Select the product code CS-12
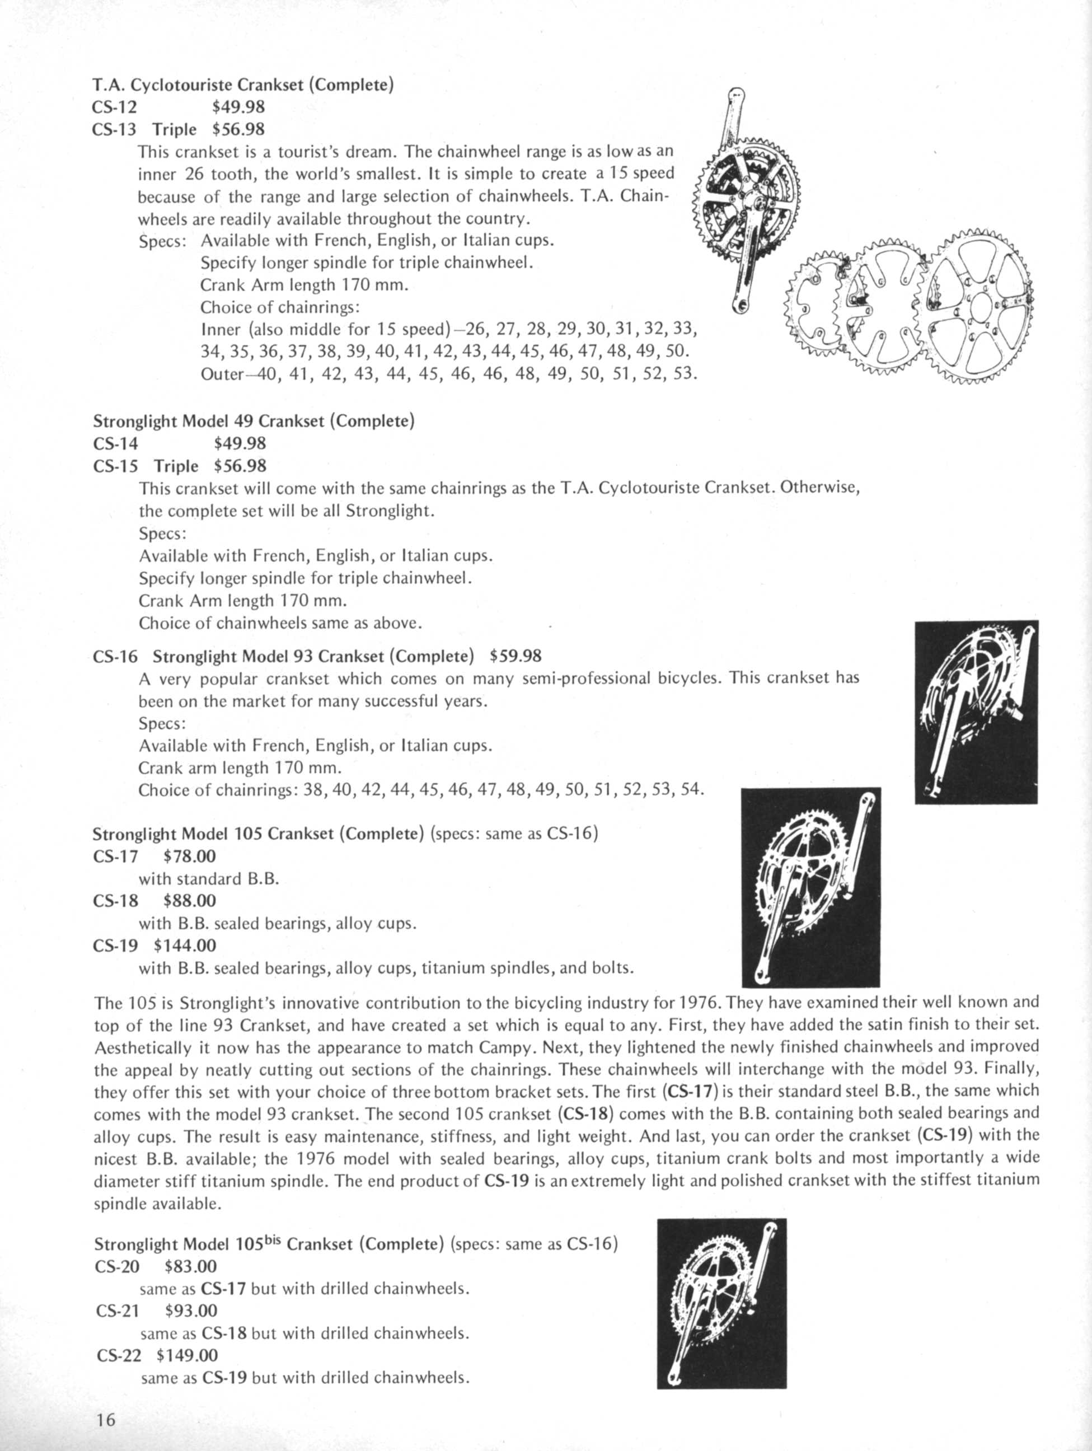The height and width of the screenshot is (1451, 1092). point(115,107)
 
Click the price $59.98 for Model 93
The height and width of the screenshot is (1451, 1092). point(515,656)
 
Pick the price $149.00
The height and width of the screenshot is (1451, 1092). point(187,1355)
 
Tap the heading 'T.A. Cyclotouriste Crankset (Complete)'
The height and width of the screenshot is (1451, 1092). point(243,85)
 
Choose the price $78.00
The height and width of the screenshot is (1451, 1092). point(190,856)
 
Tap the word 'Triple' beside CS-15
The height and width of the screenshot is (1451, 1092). point(176,466)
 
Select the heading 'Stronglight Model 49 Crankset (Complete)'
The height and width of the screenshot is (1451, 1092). point(254,421)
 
